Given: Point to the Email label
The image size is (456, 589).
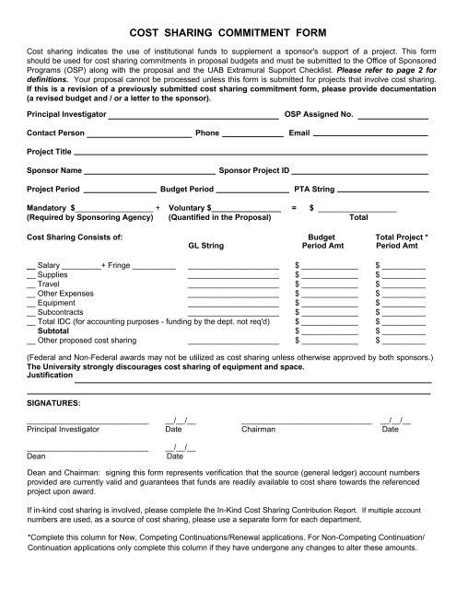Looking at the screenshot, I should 299,158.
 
